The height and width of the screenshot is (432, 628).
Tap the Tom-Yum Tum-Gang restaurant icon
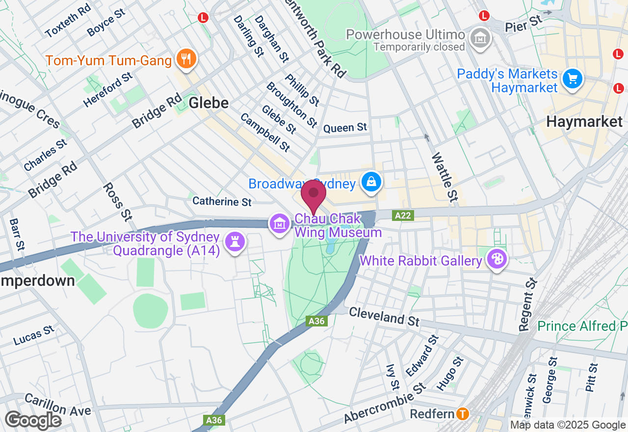click(186, 59)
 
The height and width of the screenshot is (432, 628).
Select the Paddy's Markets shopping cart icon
click(572, 78)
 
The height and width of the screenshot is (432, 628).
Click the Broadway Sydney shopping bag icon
click(372, 181)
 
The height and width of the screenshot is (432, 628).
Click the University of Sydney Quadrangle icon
click(235, 241)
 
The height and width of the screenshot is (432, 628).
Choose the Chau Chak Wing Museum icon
click(279, 224)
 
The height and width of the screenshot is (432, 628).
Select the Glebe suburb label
click(209, 103)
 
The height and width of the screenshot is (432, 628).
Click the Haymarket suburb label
click(584, 121)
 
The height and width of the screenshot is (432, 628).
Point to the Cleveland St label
click(384, 316)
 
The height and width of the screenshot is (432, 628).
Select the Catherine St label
click(222, 201)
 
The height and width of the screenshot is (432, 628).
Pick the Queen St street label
click(345, 128)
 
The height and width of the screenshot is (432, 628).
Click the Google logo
click(33, 420)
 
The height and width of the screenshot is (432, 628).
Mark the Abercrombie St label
click(385, 403)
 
